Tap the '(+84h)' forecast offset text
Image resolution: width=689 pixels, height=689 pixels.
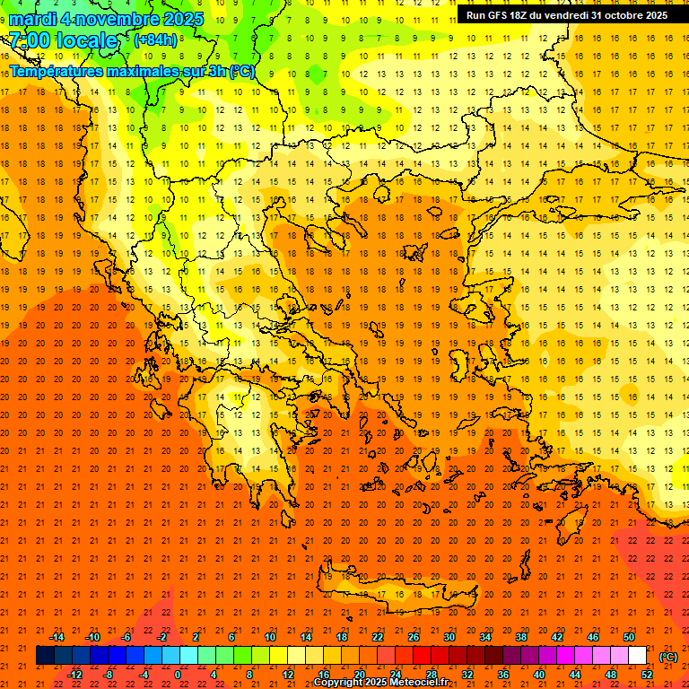155,39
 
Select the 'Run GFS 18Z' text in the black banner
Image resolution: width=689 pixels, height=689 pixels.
499,15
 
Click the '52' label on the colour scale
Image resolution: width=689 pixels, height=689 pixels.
647,674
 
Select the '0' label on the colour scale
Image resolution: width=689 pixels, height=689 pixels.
179,674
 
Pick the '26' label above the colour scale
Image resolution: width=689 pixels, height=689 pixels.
414,637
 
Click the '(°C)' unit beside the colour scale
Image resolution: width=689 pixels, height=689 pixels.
667,656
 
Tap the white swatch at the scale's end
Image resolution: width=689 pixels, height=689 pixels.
637,656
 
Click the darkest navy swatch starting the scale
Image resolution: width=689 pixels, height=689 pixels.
45,656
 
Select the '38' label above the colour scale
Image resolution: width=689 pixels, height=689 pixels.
521,637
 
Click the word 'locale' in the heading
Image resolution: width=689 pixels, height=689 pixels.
87,40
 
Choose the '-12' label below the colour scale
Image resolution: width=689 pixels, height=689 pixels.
74,674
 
